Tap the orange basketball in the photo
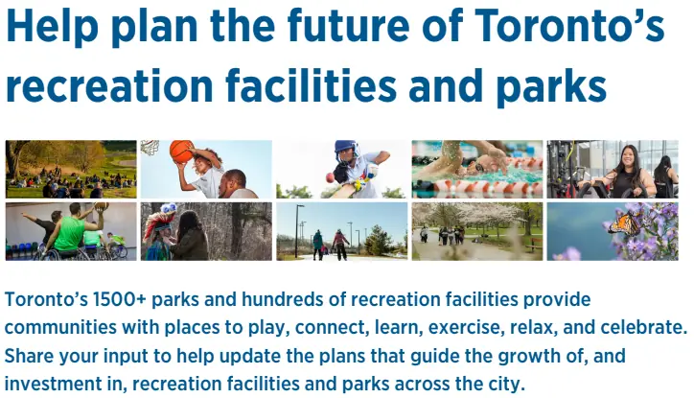point(181,152)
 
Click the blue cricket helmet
point(346,151)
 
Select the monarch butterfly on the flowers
point(625,223)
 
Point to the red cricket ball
point(330,177)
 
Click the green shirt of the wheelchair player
point(70,233)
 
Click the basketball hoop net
point(150,148)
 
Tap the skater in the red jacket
point(339,244)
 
